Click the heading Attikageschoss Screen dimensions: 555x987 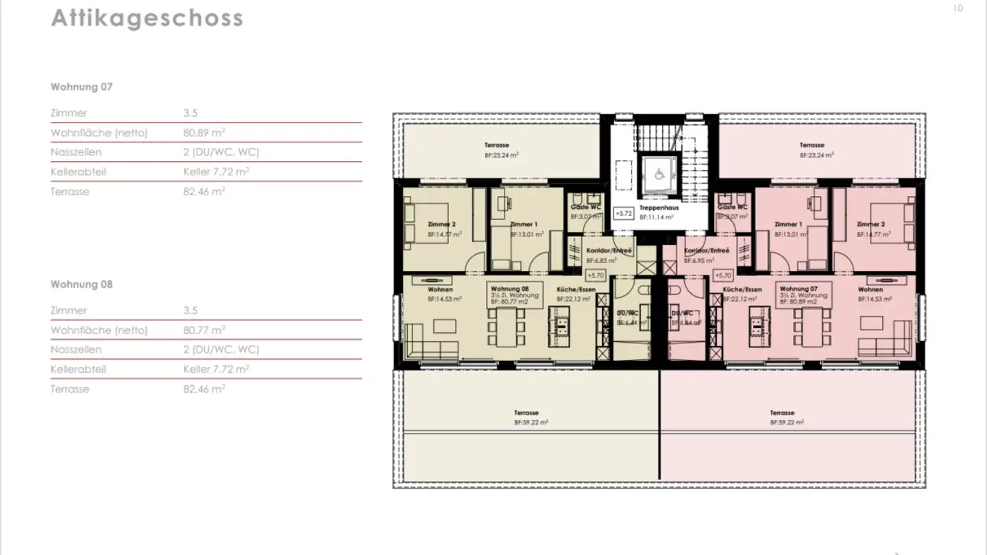coord(147,18)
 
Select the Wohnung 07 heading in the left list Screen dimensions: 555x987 coord(82,87)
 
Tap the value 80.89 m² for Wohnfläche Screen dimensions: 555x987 coord(204,132)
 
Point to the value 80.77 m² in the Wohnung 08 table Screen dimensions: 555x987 coord(204,330)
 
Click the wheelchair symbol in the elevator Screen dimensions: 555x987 coord(659,175)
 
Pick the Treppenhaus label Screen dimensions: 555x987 coord(659,208)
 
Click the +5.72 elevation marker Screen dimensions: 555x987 coord(623,214)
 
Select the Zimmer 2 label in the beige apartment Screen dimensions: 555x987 coord(441,225)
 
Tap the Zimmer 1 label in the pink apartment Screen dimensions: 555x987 coord(787,225)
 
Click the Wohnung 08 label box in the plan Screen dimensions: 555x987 coord(515,295)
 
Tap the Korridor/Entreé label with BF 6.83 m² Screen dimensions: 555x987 coord(609,251)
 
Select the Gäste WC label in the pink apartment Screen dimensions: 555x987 coord(732,207)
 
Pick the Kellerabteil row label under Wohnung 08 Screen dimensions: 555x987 coord(78,369)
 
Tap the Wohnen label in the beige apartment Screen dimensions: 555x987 coord(440,290)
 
